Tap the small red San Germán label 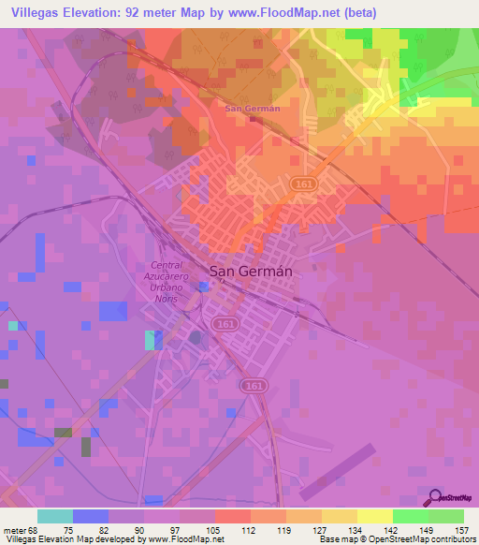pyautogui.click(x=253, y=109)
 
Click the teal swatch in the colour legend pyautogui.click(x=55, y=516)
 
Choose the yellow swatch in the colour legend pyautogui.click(x=374, y=516)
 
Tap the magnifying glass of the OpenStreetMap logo pyautogui.click(x=436, y=497)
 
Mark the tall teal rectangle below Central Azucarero pyautogui.click(x=151, y=340)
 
